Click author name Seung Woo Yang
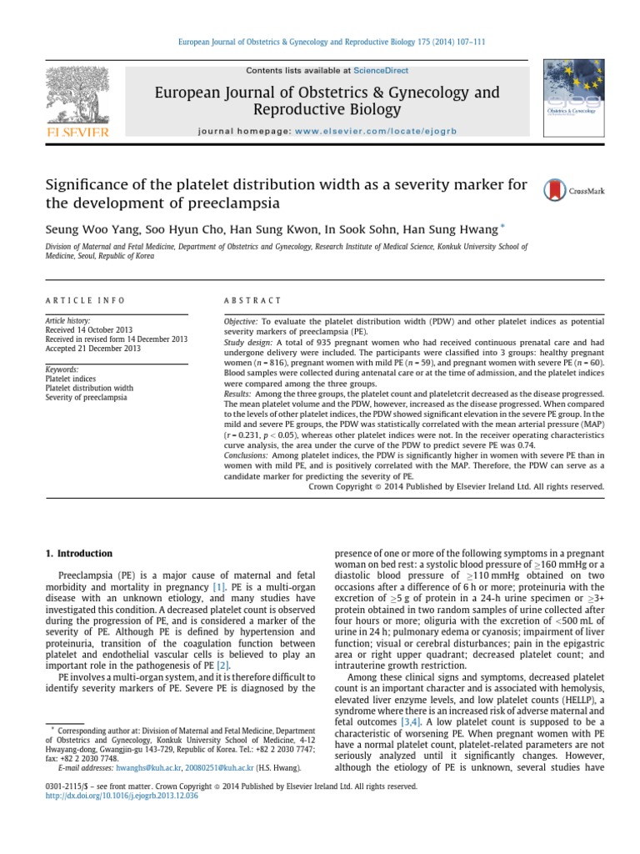(79, 227)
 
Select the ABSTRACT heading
(253, 300)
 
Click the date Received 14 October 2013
(87, 329)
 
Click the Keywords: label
(62, 369)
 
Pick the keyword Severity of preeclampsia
(86, 397)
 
